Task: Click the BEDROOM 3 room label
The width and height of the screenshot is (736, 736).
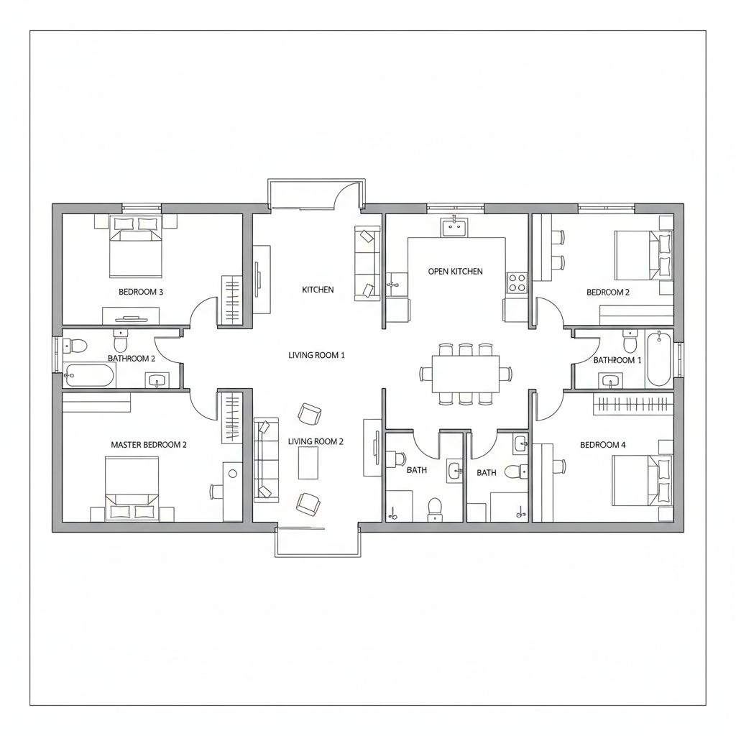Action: pos(141,292)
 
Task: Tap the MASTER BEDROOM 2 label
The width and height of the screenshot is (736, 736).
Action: pos(149,444)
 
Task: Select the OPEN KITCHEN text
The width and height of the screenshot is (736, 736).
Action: pos(455,271)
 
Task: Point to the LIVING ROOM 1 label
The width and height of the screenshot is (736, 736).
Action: pos(316,355)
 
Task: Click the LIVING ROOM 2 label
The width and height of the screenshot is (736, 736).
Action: pos(316,441)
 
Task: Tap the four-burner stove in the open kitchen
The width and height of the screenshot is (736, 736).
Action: pos(517,282)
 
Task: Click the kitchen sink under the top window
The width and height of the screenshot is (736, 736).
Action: pos(454,227)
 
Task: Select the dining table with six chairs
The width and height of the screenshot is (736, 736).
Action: pos(466,374)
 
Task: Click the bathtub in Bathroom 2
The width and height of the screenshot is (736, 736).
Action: pos(89,376)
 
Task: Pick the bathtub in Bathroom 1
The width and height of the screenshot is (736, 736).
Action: pos(659,359)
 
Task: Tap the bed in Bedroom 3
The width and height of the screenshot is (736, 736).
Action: pos(136,247)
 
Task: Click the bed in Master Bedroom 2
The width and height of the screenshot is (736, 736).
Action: pos(132,488)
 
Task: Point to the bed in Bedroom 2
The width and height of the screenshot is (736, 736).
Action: pos(643,255)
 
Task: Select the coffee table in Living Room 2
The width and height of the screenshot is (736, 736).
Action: pos(308,463)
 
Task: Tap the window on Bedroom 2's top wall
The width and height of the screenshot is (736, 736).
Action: pos(606,208)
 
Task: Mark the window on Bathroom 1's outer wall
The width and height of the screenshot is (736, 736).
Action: pos(678,359)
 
